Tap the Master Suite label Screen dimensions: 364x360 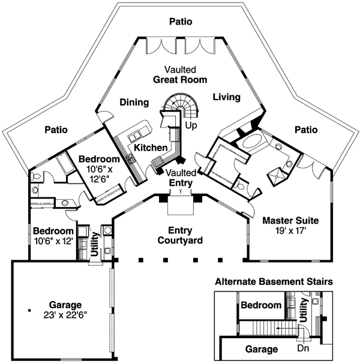pos(291,220)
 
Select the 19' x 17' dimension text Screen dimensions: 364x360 pos(291,230)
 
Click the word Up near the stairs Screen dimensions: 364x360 pos(191,127)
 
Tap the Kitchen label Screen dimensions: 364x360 pos(151,148)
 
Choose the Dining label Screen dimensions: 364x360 pos(134,103)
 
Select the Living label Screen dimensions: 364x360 pos(226,97)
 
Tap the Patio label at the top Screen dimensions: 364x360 pos(180,22)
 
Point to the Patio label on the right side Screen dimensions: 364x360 pos(306,129)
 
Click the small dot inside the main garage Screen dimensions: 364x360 pos(28,310)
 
